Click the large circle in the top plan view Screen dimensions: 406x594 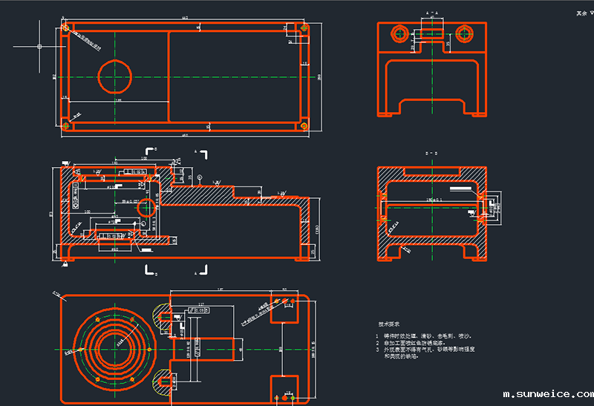click(115, 76)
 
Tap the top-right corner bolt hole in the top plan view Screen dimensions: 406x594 click(304, 28)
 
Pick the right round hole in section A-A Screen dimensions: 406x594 click(465, 33)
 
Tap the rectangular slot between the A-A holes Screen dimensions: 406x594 click(431, 33)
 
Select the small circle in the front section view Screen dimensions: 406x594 click(147, 207)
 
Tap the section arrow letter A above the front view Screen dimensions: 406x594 click(195, 151)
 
